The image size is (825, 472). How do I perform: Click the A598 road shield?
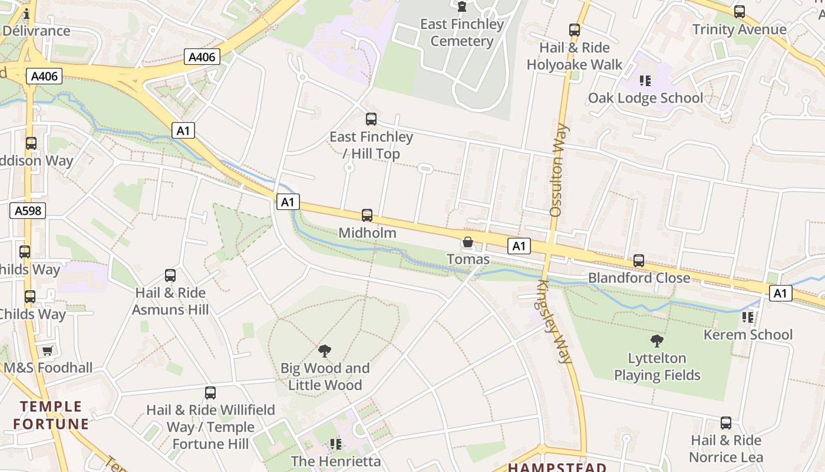[28, 211]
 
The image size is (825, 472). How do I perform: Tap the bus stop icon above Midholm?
[367, 215]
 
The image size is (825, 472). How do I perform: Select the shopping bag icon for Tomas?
[468, 242]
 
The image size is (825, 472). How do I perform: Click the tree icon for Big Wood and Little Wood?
[324, 351]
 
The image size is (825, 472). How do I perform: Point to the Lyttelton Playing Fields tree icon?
[656, 341]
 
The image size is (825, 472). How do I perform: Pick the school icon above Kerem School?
[748, 317]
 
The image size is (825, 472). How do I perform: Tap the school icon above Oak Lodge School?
[645, 80]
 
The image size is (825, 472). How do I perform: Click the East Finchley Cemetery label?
[462, 33]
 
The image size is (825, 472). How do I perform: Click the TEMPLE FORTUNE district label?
[51, 415]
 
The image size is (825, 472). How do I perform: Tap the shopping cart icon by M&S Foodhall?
[48, 351]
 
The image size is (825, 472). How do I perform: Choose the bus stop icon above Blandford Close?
[639, 261]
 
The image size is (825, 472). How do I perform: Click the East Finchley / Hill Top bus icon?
[371, 119]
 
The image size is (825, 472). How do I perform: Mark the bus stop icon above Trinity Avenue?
[740, 12]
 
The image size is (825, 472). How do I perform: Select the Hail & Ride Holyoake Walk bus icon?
[575, 30]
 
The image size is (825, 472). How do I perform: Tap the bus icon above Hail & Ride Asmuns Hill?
[170, 276]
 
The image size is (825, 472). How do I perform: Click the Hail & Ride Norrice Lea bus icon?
[726, 423]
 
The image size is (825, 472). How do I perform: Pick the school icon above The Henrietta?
[336, 444]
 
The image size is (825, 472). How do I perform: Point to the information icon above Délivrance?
[27, 14]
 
